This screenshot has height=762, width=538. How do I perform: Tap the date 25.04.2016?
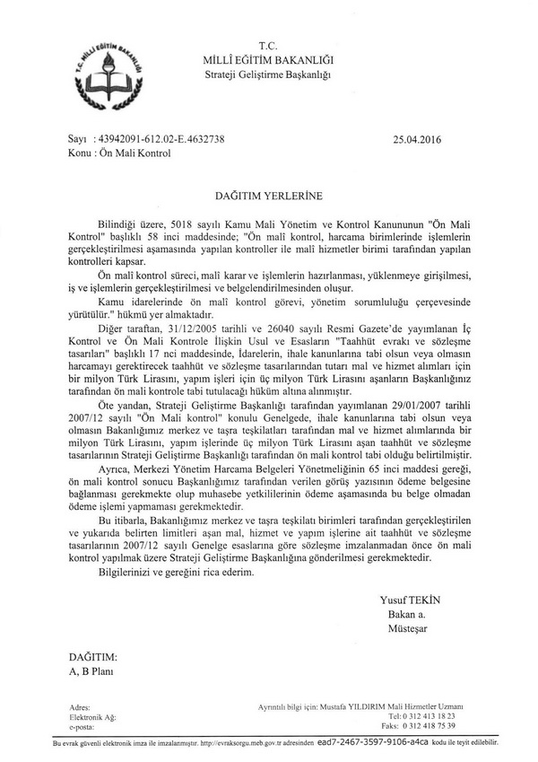click(x=417, y=140)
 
